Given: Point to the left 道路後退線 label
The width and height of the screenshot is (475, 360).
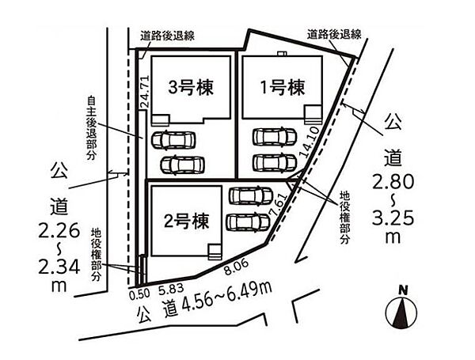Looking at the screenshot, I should click(x=168, y=36).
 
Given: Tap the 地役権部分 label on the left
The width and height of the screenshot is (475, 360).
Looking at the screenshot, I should click(x=96, y=253).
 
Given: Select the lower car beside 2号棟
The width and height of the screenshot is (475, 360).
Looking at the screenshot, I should click(x=249, y=221).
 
